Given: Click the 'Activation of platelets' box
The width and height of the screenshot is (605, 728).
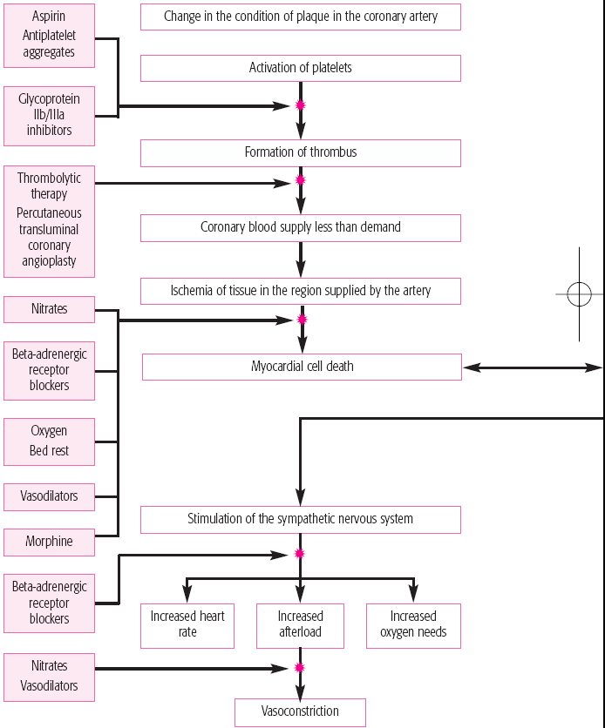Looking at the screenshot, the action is click(301, 68).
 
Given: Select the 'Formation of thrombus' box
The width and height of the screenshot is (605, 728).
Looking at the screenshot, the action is click(301, 152).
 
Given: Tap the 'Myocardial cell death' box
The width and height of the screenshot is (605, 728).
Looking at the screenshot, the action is click(302, 367).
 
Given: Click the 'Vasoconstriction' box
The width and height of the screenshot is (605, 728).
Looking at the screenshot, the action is click(300, 712).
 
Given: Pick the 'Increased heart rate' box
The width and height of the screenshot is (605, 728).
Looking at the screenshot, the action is click(187, 625).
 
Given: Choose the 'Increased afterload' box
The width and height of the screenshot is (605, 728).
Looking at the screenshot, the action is click(300, 625).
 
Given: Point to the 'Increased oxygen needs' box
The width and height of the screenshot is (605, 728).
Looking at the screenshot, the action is click(413, 625).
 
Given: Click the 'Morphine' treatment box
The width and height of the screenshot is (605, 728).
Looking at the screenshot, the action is click(50, 543).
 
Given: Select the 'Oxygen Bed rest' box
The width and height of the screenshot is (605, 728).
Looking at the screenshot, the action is click(50, 442).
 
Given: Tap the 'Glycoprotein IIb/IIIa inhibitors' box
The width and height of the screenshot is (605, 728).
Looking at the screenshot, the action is click(50, 116).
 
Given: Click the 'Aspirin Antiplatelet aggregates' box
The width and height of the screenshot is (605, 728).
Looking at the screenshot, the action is click(50, 36).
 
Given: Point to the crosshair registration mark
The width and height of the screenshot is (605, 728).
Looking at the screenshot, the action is click(579, 293).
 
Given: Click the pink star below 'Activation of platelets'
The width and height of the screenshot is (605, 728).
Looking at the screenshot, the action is click(301, 105).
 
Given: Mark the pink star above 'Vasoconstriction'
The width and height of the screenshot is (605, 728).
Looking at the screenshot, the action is click(300, 668).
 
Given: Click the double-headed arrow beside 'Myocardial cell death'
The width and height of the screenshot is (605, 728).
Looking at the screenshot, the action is click(533, 367).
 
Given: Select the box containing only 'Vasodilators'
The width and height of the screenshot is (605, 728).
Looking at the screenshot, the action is click(50, 496).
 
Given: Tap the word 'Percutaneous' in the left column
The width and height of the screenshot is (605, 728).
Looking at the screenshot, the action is click(50, 213).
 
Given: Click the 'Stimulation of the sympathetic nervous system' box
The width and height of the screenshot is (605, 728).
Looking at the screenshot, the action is click(301, 520).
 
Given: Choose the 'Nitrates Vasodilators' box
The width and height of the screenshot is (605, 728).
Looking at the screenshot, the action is click(50, 677).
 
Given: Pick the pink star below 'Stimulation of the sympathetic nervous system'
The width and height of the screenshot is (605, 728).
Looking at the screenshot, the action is click(300, 554).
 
